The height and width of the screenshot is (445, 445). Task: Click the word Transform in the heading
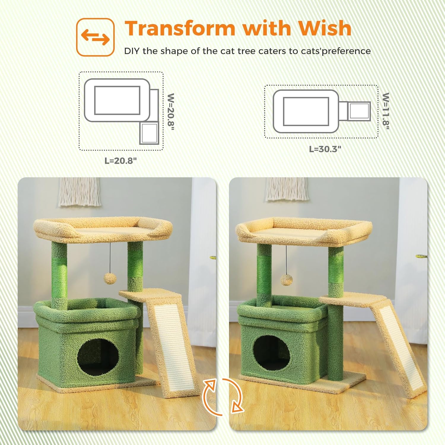[179, 29]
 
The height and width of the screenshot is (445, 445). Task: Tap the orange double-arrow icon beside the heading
[95, 37]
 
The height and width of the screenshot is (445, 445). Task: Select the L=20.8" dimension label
[121, 161]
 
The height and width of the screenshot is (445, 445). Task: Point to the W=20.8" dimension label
[171, 109]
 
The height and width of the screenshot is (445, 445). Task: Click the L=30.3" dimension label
[325, 149]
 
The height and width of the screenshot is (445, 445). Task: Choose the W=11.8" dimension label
[386, 111]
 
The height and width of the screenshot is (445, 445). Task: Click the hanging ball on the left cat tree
[110, 279]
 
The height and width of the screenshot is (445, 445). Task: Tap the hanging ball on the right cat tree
[287, 279]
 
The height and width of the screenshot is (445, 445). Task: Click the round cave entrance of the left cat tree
[98, 356]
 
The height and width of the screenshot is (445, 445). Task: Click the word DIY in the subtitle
[132, 51]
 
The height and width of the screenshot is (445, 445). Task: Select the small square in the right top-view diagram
[359, 111]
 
